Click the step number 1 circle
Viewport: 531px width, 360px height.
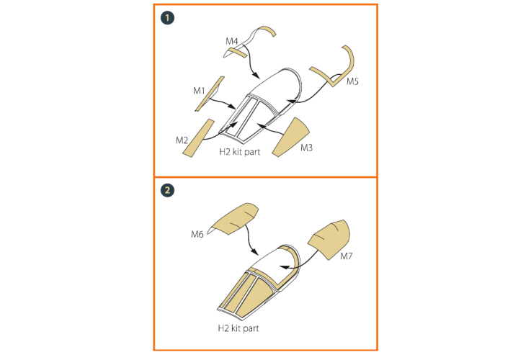pyautogui.click(x=167, y=18)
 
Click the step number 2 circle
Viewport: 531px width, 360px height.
pyautogui.click(x=167, y=190)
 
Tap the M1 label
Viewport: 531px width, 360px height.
pyautogui.click(x=199, y=91)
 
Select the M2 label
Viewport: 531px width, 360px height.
pyautogui.click(x=182, y=140)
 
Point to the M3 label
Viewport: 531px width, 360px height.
pyautogui.click(x=306, y=148)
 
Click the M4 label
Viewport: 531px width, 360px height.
pyautogui.click(x=231, y=41)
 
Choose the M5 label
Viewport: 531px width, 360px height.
pyautogui.click(x=352, y=81)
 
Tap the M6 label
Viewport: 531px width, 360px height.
pyautogui.click(x=197, y=234)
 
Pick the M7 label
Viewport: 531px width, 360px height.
pyautogui.click(x=346, y=256)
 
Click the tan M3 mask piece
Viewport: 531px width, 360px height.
pyautogui.click(x=293, y=138)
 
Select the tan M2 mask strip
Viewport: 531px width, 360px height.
pyautogui.click(x=199, y=138)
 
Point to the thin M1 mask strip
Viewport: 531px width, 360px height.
pyautogui.click(x=210, y=94)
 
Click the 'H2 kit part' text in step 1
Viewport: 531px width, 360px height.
pyautogui.click(x=239, y=152)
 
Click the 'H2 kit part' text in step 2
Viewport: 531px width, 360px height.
pyautogui.click(x=238, y=328)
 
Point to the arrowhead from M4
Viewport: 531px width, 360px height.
pyautogui.click(x=256, y=75)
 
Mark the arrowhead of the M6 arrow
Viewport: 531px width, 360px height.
pyautogui.click(x=254, y=252)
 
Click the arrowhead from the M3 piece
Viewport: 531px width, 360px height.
pyautogui.click(x=260, y=125)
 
